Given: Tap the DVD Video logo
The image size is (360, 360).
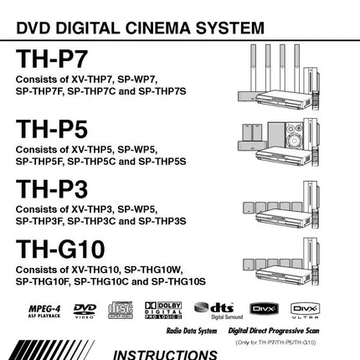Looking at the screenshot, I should [x=85, y=311].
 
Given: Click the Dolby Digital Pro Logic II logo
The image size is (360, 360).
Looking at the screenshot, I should [x=162, y=311].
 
